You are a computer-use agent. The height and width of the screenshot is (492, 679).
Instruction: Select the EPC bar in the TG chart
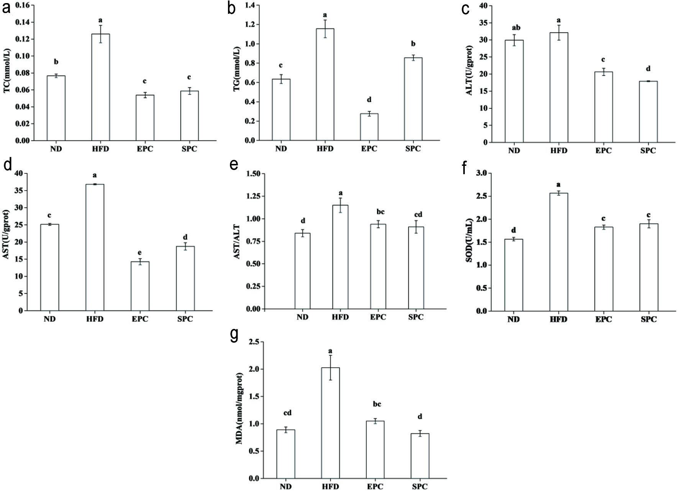point(369,127)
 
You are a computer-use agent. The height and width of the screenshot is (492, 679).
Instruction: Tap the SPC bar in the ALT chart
point(648,112)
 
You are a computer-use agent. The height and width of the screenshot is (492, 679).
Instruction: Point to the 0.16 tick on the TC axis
point(22,5)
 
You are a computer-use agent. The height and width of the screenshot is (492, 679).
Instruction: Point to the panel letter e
point(234,165)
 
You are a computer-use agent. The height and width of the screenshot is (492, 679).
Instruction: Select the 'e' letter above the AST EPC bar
point(140,252)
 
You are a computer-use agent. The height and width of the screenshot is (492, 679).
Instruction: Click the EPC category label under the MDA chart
point(375,487)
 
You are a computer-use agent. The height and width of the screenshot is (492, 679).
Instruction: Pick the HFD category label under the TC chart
point(100,149)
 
